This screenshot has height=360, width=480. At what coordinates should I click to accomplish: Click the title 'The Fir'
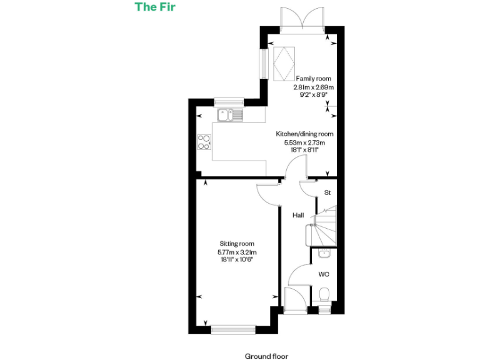pos(154,7)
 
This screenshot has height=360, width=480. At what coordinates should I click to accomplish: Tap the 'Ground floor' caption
pos(267,356)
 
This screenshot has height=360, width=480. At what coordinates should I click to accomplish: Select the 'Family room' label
pos(314,78)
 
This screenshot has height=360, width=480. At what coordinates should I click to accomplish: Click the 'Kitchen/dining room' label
pos(305,134)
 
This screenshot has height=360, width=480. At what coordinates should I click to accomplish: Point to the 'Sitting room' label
pos(237,244)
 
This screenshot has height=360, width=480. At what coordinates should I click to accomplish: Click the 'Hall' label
pos(298,215)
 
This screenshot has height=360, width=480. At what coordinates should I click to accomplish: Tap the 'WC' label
pos(324,274)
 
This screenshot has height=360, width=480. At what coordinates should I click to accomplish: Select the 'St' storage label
pos(327,193)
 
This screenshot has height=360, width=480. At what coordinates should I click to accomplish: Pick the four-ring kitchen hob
pos(204,142)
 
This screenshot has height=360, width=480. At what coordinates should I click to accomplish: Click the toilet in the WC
pos(324,295)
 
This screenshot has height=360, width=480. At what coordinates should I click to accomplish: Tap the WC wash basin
pos(323,253)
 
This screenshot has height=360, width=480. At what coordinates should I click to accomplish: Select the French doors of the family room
pos(302,18)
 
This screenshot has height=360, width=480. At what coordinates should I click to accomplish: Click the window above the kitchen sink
pos(228,101)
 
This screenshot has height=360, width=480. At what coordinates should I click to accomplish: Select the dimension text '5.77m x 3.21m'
pos(237,252)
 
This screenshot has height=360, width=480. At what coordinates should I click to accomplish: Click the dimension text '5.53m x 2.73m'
pos(305,142)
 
